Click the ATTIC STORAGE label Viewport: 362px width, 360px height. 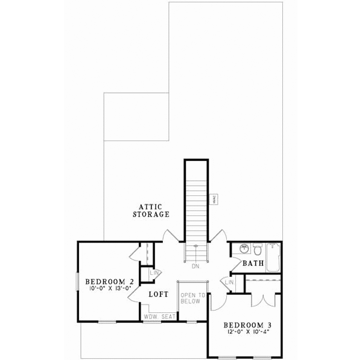151,210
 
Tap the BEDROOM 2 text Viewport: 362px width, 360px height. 109,282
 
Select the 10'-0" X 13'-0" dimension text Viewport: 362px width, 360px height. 109,289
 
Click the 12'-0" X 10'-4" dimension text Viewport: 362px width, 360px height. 245,330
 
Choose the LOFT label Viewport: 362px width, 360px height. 158,295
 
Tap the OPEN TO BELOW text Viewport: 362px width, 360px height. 193,298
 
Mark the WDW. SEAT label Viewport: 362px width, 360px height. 159,316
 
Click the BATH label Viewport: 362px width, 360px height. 253,264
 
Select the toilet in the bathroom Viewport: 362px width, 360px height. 258,249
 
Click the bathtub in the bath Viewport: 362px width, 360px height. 272,257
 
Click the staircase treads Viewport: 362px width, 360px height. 196,205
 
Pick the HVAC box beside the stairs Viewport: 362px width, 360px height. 214,200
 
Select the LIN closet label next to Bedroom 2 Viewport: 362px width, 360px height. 147,273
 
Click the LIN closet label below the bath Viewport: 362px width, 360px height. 229,282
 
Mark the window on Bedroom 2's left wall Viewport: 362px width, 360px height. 77,282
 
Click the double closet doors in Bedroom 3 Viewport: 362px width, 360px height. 262,300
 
